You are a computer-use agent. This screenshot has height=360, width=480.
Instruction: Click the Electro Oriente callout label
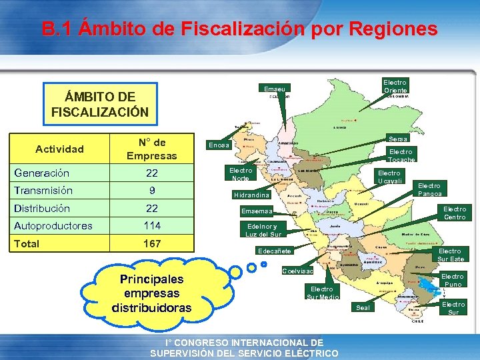point(395,86)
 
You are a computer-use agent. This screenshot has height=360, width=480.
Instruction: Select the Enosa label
point(219,145)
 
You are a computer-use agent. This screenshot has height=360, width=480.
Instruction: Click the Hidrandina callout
point(251,195)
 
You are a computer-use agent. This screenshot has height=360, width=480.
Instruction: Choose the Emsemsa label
point(257,211)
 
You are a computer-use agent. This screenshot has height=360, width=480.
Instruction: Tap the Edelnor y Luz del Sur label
point(263,230)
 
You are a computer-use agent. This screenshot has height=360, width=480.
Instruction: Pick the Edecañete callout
point(274,251)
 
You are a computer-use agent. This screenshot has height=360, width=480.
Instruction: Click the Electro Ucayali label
point(389,177)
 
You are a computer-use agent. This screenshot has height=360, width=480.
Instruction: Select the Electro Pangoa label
point(429,189)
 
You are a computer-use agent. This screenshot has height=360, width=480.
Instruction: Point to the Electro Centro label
point(455,213)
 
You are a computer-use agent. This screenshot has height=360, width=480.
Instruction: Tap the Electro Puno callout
point(452,280)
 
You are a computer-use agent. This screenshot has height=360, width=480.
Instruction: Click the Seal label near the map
point(363,307)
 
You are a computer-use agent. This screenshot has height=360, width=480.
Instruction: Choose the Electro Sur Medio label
point(322,293)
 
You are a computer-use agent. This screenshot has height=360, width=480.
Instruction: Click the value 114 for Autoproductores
point(152,225)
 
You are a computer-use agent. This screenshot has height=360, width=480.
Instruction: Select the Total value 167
point(152,243)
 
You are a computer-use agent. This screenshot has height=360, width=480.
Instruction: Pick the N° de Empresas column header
point(152,149)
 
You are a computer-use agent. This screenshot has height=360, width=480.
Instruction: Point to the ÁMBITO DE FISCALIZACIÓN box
point(100,103)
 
